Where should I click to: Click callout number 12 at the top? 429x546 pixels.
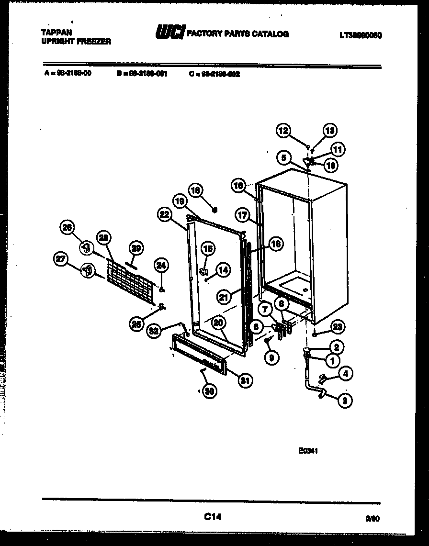283,130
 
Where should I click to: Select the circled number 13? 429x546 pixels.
330,130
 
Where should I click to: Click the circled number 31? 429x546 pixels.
246,381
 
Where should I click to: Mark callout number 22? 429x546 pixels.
165,215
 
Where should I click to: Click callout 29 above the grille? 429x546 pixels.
136,248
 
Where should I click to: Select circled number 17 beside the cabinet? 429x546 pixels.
243,215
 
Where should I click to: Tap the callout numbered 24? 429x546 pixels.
161,265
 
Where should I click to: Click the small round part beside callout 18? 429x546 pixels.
215,209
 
